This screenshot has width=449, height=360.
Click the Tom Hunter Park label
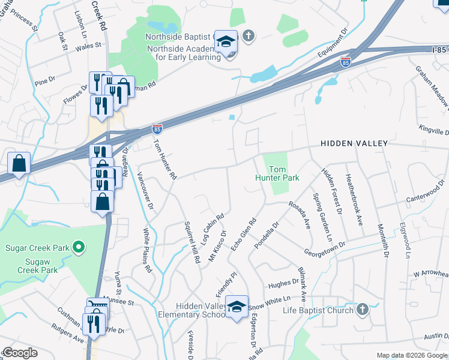coord(277,174)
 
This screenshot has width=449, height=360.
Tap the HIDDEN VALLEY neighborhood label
coord(354,144)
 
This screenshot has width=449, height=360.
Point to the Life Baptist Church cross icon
coord(361,310)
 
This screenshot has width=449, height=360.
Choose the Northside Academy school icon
coord(226,42)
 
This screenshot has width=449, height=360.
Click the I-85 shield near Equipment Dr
coord(345,61)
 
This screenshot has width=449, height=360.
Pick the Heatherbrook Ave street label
coord(353,191)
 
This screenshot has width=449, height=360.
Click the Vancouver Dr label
coord(145,191)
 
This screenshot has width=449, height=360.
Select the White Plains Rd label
coord(147,250)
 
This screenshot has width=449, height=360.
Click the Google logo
coord(20,353)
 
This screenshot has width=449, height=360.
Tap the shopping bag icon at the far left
coord(19,163)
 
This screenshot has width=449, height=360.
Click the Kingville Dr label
coord(434,131)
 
